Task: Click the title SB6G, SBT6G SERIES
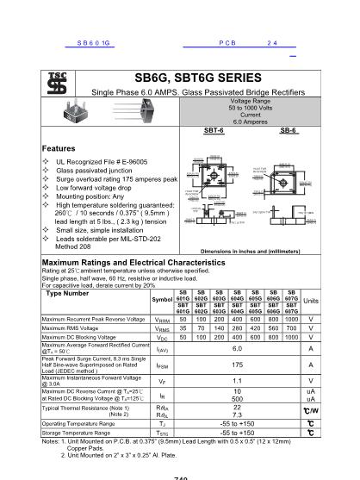pyautogui.click(x=192, y=78)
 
